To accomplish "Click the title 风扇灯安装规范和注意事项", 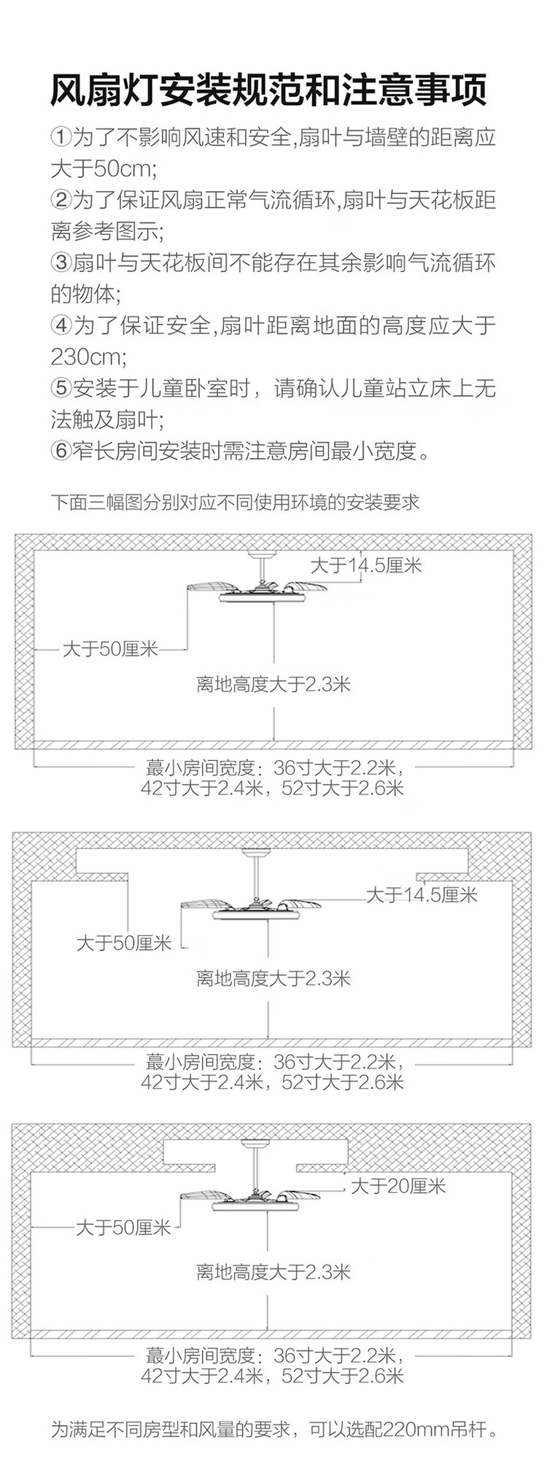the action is pyautogui.click(x=268, y=91).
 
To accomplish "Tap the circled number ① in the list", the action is pyautogui.click(x=62, y=138).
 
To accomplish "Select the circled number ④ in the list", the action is pyautogui.click(x=62, y=325).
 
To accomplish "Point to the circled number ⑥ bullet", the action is pyautogui.click(x=62, y=451).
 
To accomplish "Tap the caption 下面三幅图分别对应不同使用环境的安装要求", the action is pyautogui.click(x=235, y=503).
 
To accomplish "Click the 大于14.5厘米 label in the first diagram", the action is pyautogui.click(x=366, y=565).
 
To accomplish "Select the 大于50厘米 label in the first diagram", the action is pyautogui.click(x=110, y=648).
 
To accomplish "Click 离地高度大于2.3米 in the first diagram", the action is pyautogui.click(x=273, y=684).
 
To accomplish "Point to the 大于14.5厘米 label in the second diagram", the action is pyautogui.click(x=422, y=894).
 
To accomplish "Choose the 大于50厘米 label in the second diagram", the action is pyautogui.click(x=124, y=942).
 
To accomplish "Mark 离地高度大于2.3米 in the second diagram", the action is pyautogui.click(x=273, y=978).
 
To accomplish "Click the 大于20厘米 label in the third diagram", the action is pyautogui.click(x=398, y=1187).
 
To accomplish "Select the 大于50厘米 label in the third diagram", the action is pyautogui.click(x=123, y=1228).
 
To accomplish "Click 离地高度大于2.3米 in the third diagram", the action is pyautogui.click(x=273, y=1272).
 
